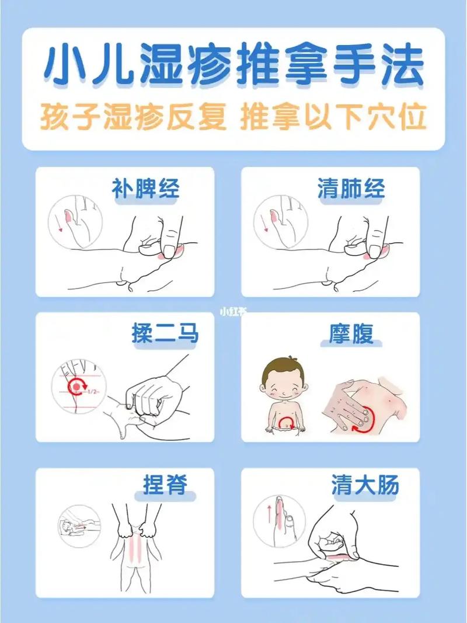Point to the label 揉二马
(x=165, y=334)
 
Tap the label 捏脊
(x=165, y=484)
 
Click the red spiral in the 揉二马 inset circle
(x=76, y=385)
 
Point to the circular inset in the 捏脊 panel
(x=79, y=526)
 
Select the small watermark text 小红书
(x=233, y=312)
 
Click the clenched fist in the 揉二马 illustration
(x=153, y=400)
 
